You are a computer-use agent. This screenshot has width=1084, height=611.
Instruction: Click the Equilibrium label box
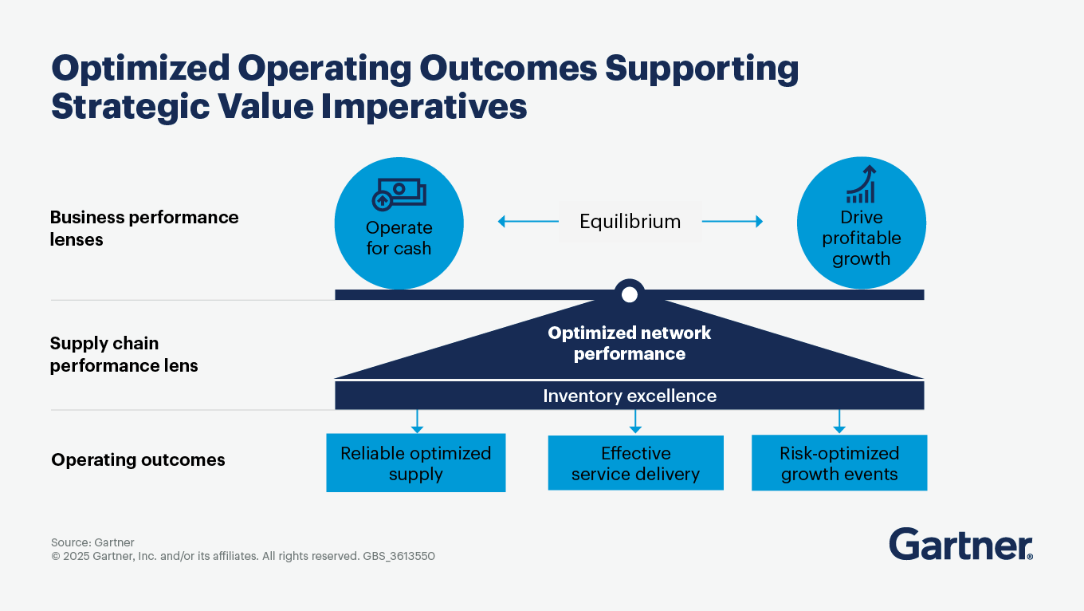tap(630, 221)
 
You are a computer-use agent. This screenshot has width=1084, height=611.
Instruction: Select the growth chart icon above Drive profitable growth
tap(862, 184)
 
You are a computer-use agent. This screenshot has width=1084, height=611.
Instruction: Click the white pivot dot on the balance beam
tap(629, 294)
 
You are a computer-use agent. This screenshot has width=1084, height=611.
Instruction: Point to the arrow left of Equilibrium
tap(528, 221)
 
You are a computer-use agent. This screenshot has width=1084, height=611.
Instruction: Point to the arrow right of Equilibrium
tap(732, 221)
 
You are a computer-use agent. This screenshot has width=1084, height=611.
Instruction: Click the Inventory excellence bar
tap(629, 396)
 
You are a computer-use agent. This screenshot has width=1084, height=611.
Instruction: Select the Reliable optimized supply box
tap(416, 463)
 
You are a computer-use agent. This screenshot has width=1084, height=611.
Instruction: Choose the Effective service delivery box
tap(635, 463)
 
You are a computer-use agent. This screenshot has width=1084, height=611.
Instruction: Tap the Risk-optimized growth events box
tap(839, 463)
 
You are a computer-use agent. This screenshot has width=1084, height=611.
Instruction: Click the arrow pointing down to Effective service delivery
tap(635, 422)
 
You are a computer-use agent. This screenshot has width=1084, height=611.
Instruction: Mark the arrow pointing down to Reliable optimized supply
tap(417, 422)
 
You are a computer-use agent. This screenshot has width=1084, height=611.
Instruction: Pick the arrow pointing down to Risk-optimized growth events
tap(839, 422)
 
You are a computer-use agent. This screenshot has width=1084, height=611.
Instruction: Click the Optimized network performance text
tap(629, 343)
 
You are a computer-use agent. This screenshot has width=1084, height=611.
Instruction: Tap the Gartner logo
tap(960, 544)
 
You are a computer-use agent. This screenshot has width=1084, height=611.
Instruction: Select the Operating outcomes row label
tap(138, 459)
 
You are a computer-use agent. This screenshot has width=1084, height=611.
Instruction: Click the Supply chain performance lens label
tap(124, 354)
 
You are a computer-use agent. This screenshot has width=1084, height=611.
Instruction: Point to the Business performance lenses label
tap(144, 228)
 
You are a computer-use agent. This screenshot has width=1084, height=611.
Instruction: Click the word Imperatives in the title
tap(424, 107)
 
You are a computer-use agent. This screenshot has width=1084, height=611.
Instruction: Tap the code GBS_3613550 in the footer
tap(399, 556)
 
